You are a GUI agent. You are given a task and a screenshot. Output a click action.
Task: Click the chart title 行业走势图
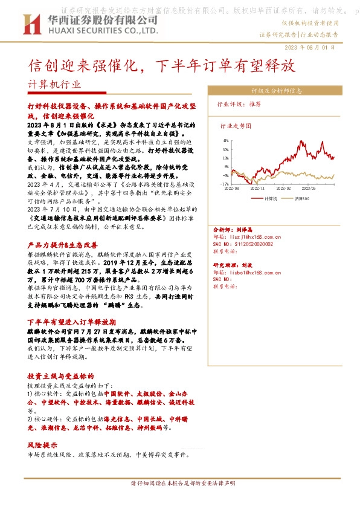click(x=234, y=126)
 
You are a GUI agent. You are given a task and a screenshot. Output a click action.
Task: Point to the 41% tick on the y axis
click(x=225, y=140)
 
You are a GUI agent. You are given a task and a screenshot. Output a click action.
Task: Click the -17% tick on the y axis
click(x=224, y=183)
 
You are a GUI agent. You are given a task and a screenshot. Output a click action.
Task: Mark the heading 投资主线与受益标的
click(x=60, y=375)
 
